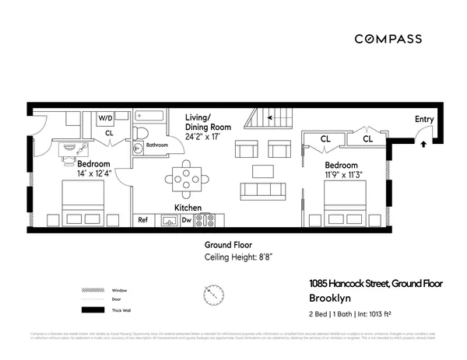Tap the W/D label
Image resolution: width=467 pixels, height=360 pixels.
pos(106,118)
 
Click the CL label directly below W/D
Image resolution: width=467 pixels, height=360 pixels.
pos(109,133)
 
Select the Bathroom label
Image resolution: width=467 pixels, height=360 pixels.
pos(157,145)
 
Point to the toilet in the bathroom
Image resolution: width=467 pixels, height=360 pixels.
pos(140,146)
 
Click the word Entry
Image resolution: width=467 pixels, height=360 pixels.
pos(424,118)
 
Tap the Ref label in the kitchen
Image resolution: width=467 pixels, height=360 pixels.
pos(143,220)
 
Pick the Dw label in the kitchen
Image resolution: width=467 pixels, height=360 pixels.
pos(186,220)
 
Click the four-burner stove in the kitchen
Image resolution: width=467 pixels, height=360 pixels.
pos(205,220)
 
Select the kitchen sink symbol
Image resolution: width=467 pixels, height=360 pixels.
pos(169,220)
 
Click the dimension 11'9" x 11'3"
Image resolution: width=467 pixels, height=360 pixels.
pos(342,175)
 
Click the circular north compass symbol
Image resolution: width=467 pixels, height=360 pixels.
pos(212,295)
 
